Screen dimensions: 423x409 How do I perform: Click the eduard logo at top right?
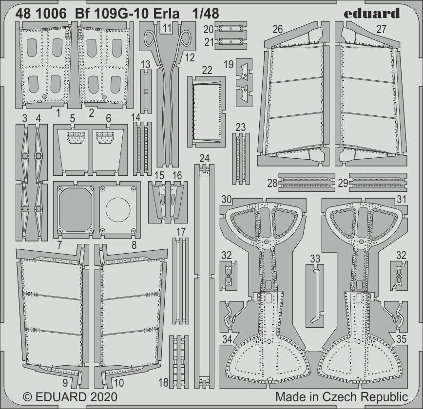(372, 13)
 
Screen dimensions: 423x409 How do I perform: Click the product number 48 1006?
(41, 14)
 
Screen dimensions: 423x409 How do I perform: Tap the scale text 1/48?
(206, 14)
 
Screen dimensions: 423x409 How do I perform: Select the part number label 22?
(207, 71)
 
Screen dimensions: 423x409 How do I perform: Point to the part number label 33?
(315, 259)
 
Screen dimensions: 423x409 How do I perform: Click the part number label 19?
(229, 64)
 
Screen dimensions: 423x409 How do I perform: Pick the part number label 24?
(205, 158)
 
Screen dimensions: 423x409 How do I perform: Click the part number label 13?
(146, 65)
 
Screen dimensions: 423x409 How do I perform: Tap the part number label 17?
(181, 232)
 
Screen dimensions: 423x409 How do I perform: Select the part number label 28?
(272, 184)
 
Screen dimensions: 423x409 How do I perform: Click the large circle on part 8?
(118, 209)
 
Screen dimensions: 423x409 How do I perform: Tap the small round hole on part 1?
(45, 96)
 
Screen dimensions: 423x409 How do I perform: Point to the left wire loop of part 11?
(152, 40)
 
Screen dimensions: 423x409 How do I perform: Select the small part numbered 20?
(231, 28)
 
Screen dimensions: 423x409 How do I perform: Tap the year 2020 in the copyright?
(102, 397)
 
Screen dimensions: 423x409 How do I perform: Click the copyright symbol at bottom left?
(28, 397)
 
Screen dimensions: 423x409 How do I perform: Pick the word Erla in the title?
(169, 14)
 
